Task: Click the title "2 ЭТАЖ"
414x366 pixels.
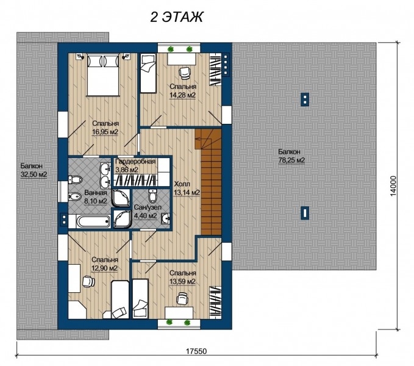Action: [x=177, y=17]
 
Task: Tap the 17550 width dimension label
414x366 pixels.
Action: [x=196, y=351]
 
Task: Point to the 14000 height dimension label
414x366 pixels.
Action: [x=393, y=186]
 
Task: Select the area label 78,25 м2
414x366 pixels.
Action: [x=291, y=160]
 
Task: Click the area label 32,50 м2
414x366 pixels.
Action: [x=34, y=174]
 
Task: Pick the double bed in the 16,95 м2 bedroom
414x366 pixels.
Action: [x=102, y=75]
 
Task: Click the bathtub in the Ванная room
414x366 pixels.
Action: [x=93, y=221]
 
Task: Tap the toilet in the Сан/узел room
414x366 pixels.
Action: [x=152, y=195]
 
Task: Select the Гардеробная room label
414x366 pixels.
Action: [x=135, y=162]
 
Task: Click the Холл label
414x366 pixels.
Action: [x=182, y=184]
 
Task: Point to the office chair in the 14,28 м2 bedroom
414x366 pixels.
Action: [x=184, y=73]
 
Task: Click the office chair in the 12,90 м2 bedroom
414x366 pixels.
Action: [x=88, y=281]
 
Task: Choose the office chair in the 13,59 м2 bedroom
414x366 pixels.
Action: [x=182, y=298]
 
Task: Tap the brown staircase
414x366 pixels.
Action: [x=210, y=182]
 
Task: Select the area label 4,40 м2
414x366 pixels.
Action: [x=146, y=216]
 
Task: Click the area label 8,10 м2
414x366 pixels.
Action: [x=95, y=201]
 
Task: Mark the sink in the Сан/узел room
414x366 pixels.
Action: [x=166, y=218]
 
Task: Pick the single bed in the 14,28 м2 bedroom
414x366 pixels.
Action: [x=148, y=73]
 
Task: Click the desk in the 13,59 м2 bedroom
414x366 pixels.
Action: [x=179, y=313]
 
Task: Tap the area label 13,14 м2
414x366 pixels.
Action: [x=187, y=193]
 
